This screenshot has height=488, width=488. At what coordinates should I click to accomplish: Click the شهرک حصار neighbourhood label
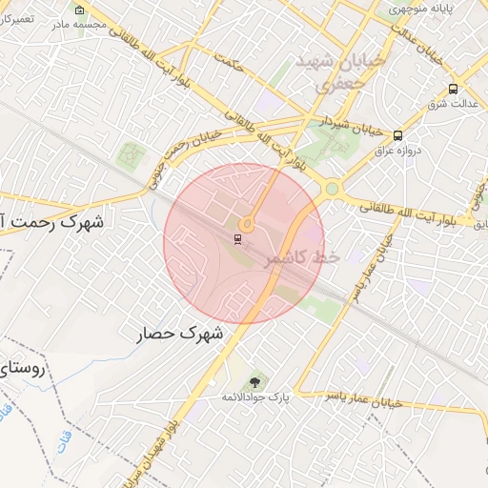pyautogui.click(x=178, y=334)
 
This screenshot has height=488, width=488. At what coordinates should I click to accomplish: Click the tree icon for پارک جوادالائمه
pyautogui.click(x=253, y=381)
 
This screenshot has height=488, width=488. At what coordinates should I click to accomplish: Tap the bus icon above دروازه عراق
pyautogui.click(x=397, y=135)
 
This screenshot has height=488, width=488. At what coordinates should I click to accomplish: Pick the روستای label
pyautogui.click(x=23, y=366)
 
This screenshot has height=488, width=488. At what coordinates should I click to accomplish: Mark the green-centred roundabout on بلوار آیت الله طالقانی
pyautogui.click(x=331, y=189)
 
